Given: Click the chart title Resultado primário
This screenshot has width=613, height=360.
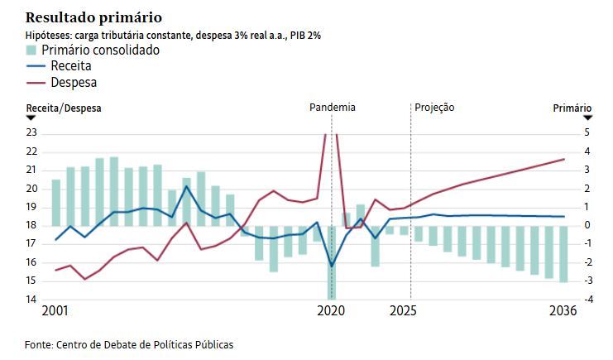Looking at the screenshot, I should [94, 17].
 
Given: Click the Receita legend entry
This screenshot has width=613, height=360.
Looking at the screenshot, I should [69, 66].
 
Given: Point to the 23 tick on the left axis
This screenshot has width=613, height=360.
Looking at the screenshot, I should [32, 132].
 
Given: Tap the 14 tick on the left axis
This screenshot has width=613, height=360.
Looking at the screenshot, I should [32, 300].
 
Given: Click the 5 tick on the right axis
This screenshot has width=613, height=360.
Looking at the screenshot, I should [587, 132].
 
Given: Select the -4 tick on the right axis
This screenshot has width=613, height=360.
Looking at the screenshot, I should [585, 300].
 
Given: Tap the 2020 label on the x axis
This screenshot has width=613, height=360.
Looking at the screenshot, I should [331, 312].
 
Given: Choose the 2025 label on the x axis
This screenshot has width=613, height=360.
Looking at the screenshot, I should [403, 312].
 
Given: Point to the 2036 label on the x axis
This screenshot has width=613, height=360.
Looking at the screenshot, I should [563, 312].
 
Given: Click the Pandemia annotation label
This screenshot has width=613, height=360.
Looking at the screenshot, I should [333, 108].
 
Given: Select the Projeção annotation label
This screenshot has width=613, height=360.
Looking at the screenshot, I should [434, 108].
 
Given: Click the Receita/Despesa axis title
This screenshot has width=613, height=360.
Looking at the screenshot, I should [64, 108].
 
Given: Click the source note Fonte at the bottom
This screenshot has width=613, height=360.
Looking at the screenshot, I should [129, 343].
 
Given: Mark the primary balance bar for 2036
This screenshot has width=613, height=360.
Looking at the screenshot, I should [563, 254].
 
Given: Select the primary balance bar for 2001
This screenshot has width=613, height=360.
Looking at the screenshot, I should [56, 203].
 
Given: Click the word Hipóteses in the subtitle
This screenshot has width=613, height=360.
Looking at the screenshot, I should [49, 35].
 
